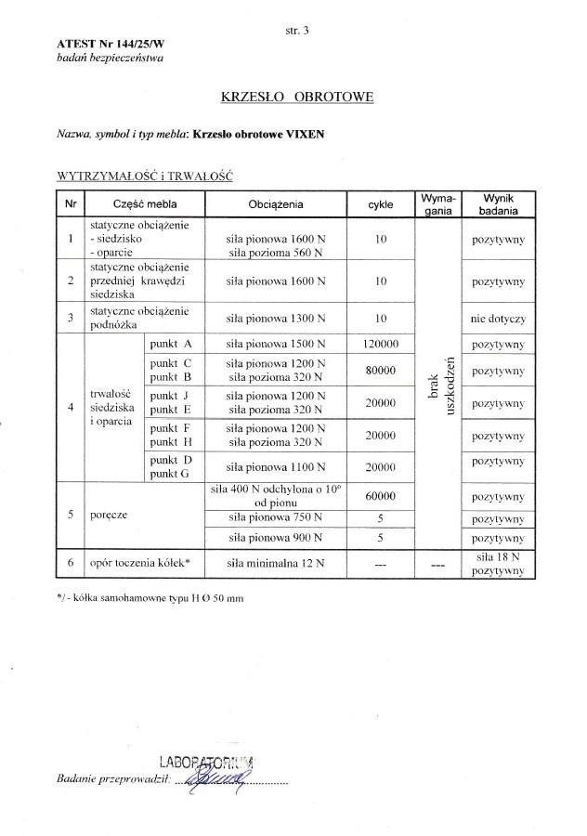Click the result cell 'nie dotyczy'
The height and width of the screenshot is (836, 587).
pos(498,319)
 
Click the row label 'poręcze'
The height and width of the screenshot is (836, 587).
pos(109,512)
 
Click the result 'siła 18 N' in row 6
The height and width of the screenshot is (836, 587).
pos(498,555)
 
